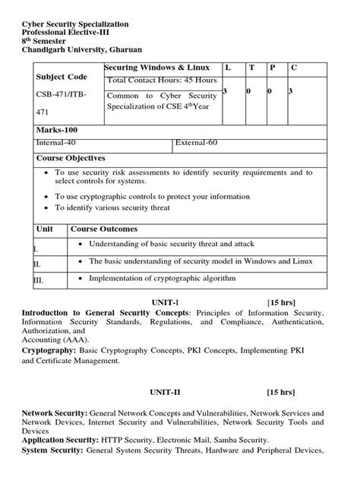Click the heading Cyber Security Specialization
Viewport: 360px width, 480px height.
pyautogui.click(x=75, y=24)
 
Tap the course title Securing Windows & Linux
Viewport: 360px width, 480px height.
pyautogui.click(x=156, y=68)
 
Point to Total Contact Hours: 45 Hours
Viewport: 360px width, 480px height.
pyautogui.click(x=162, y=81)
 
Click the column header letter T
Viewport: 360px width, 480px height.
pyautogui.click(x=251, y=68)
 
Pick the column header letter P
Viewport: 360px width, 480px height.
pyautogui.click(x=272, y=68)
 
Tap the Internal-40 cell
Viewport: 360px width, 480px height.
pyautogui.click(x=56, y=142)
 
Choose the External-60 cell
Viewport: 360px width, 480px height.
pyautogui.click(x=197, y=142)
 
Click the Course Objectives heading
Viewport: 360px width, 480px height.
pyautogui.click(x=71, y=158)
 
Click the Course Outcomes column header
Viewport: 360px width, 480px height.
pyautogui.click(x=104, y=229)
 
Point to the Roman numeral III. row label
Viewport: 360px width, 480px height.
pyautogui.click(x=39, y=281)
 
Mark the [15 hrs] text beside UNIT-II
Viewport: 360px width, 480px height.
pyautogui.click(x=280, y=393)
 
